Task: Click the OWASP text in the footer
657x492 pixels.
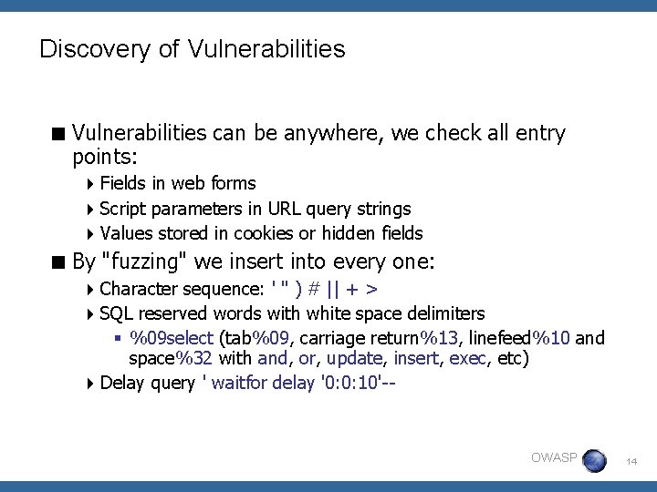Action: (554, 457)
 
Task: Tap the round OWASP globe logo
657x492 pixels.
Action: (594, 460)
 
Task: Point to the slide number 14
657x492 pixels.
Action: (631, 463)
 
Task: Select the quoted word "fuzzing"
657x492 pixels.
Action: (146, 263)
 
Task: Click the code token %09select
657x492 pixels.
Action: (172, 338)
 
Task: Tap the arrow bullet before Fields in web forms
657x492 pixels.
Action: (92, 184)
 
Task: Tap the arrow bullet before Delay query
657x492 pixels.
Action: (92, 383)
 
